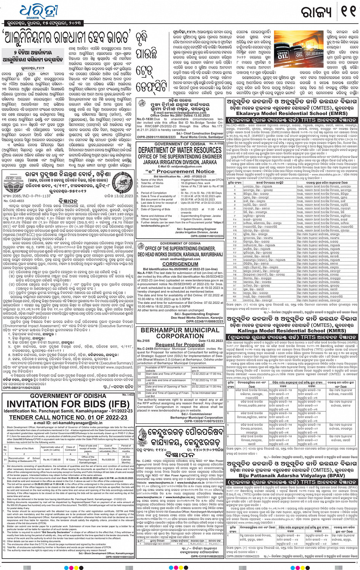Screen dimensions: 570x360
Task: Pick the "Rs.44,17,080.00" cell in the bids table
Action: tap(52, 460)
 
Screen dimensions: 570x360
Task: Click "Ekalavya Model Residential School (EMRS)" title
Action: tap(291, 113)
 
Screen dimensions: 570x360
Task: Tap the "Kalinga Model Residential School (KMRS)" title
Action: tap(291, 331)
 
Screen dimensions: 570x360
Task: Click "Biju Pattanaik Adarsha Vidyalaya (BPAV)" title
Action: tap(291, 476)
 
